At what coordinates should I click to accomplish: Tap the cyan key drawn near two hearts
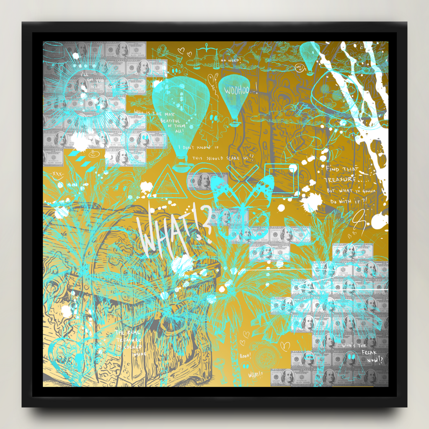coord(165,55)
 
